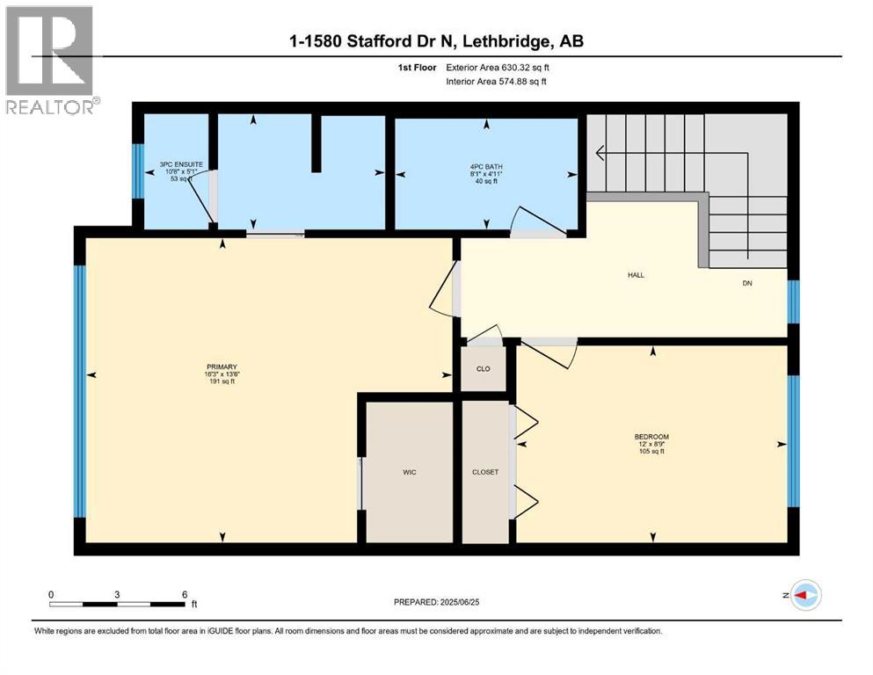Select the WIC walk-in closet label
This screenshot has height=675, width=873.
409,473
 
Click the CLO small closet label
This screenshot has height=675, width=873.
484,369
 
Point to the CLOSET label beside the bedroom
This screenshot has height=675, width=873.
485,472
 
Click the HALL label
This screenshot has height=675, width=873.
636,275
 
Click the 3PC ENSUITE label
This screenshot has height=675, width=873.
176,163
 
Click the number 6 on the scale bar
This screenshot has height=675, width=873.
184,594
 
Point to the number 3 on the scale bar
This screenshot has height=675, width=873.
117,594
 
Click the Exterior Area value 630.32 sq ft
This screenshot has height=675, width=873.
527,67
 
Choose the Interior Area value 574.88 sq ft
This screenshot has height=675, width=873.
527,82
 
